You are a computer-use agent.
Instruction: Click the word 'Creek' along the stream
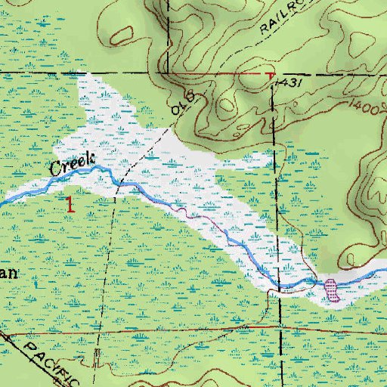tap(71, 165)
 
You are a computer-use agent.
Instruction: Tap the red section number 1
tap(70, 203)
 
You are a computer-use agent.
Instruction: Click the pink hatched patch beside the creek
tap(331, 289)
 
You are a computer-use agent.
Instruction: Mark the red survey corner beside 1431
tap(270, 76)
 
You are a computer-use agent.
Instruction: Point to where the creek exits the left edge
tap(2, 201)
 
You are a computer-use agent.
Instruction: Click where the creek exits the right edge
tap(385, 270)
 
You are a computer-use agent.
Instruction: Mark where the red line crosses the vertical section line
tap(280, 331)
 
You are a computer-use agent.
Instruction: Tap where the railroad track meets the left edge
tap(2, 333)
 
